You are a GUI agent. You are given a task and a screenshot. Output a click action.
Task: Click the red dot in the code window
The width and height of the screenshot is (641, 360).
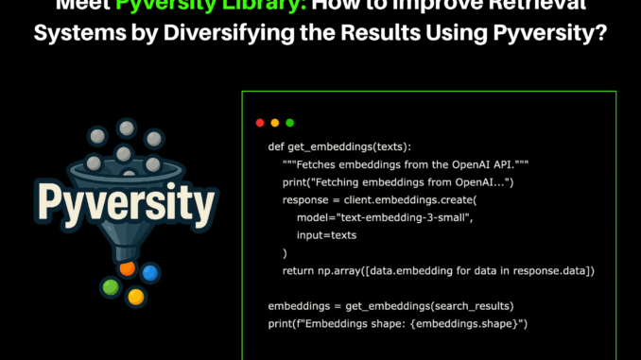click(x=260, y=123)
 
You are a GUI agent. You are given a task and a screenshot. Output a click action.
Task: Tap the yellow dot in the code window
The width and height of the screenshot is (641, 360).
click(x=275, y=123)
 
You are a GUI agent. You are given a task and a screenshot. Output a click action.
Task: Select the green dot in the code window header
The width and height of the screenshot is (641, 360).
click(x=290, y=123)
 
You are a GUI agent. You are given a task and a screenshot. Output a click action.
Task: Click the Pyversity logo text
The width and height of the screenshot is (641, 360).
click(x=123, y=200)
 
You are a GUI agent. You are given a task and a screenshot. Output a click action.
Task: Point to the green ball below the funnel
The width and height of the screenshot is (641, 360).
click(x=111, y=286)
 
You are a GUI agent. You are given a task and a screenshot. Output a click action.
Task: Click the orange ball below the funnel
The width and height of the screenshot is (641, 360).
click(x=127, y=269)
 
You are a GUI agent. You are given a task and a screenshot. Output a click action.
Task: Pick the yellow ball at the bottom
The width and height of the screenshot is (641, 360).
click(x=135, y=297)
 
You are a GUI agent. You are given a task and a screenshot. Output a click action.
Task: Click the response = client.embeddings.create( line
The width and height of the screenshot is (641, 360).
click(x=380, y=200)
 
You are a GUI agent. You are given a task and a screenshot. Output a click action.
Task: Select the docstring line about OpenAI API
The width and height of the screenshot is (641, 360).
click(x=397, y=165)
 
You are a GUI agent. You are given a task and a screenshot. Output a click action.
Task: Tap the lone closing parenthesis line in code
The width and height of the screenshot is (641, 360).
click(x=285, y=253)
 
